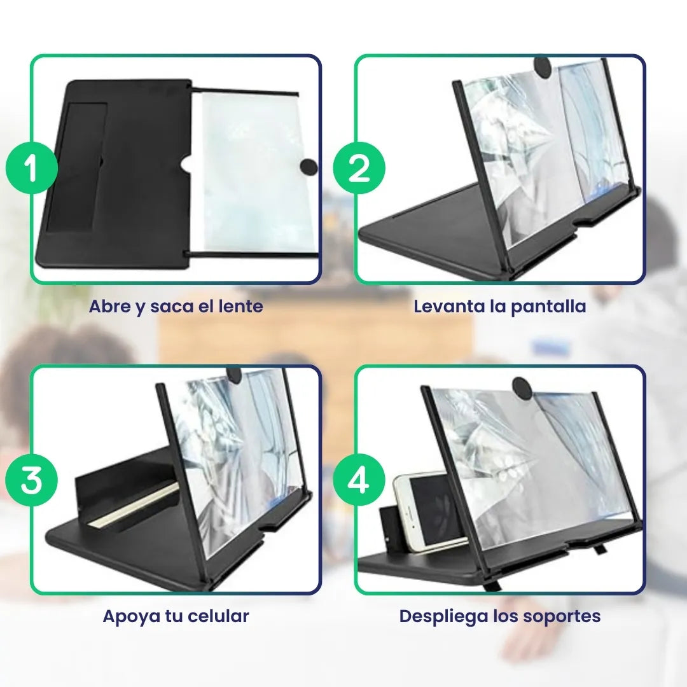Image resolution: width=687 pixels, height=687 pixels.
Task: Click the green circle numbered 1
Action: (32, 168)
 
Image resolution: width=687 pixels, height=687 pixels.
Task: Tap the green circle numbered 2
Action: (359, 169)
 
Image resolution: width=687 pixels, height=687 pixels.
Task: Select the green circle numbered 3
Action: (32, 481)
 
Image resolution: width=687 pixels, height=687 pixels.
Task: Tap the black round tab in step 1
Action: (308, 167)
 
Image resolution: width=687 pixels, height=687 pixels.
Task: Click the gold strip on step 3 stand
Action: (134, 506)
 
